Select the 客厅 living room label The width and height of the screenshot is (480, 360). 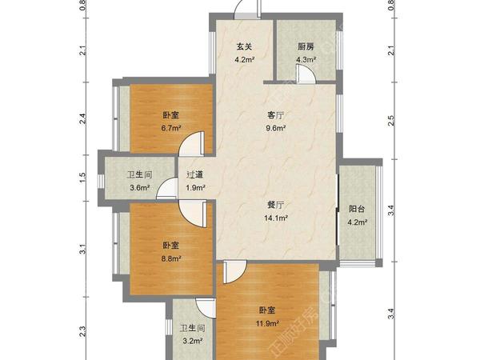pyautogui.click(x=276, y=115)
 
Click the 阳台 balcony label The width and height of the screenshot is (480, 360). pyautogui.click(x=358, y=209)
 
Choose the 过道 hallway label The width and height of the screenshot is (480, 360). pyautogui.click(x=195, y=175)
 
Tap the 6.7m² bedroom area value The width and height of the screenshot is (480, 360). pyautogui.click(x=170, y=127)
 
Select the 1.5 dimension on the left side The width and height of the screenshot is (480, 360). pyautogui.click(x=83, y=176)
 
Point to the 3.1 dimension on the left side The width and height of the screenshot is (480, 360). pyautogui.click(x=83, y=250)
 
